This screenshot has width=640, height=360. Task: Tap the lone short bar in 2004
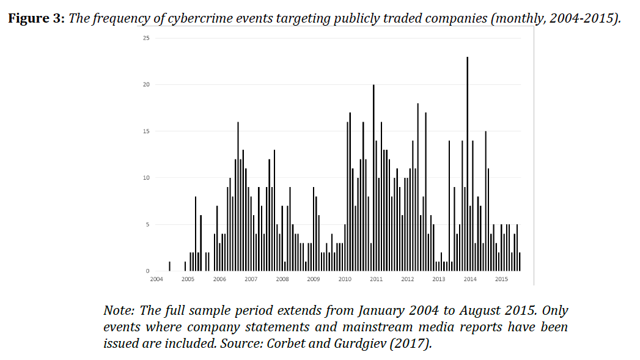click(169, 266)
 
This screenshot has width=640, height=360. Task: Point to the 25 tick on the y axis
click(145, 38)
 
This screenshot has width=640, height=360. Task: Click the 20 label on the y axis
click(145, 85)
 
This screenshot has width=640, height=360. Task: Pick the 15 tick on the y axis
click(145, 131)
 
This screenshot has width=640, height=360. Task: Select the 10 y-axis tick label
click(145, 178)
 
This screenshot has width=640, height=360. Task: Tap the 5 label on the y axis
click(147, 224)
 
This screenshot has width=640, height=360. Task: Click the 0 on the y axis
click(147, 271)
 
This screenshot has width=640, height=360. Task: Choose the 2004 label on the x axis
click(156, 279)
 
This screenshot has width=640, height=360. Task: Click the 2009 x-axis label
click(313, 279)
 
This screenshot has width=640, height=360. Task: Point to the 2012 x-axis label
click(407, 279)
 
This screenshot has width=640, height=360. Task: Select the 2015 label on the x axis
click(501, 279)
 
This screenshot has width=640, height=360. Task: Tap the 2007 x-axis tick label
click(251, 279)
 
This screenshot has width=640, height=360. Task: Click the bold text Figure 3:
click(35, 18)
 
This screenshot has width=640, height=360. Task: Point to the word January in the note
click(380, 310)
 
